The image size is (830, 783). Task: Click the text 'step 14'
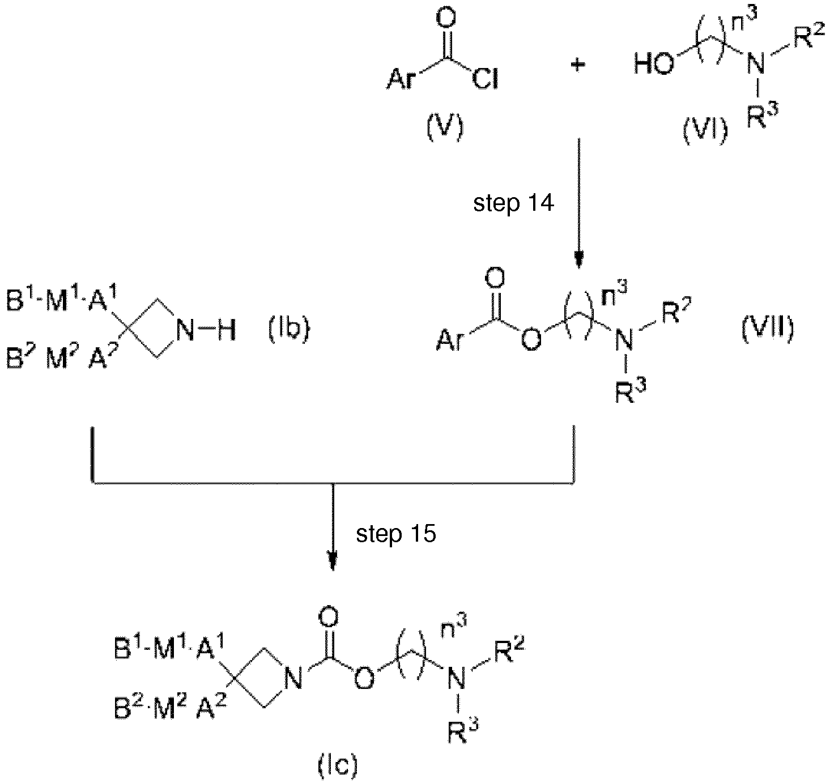click(x=514, y=203)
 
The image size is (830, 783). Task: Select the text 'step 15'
click(x=396, y=534)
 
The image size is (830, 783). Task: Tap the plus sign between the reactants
click(x=578, y=65)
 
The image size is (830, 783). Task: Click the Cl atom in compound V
click(x=486, y=79)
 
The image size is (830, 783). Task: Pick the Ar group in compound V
click(x=401, y=79)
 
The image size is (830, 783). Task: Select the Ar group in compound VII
click(x=451, y=341)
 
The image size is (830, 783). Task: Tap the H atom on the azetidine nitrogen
click(x=225, y=330)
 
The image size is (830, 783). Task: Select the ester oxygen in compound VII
click(x=531, y=340)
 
